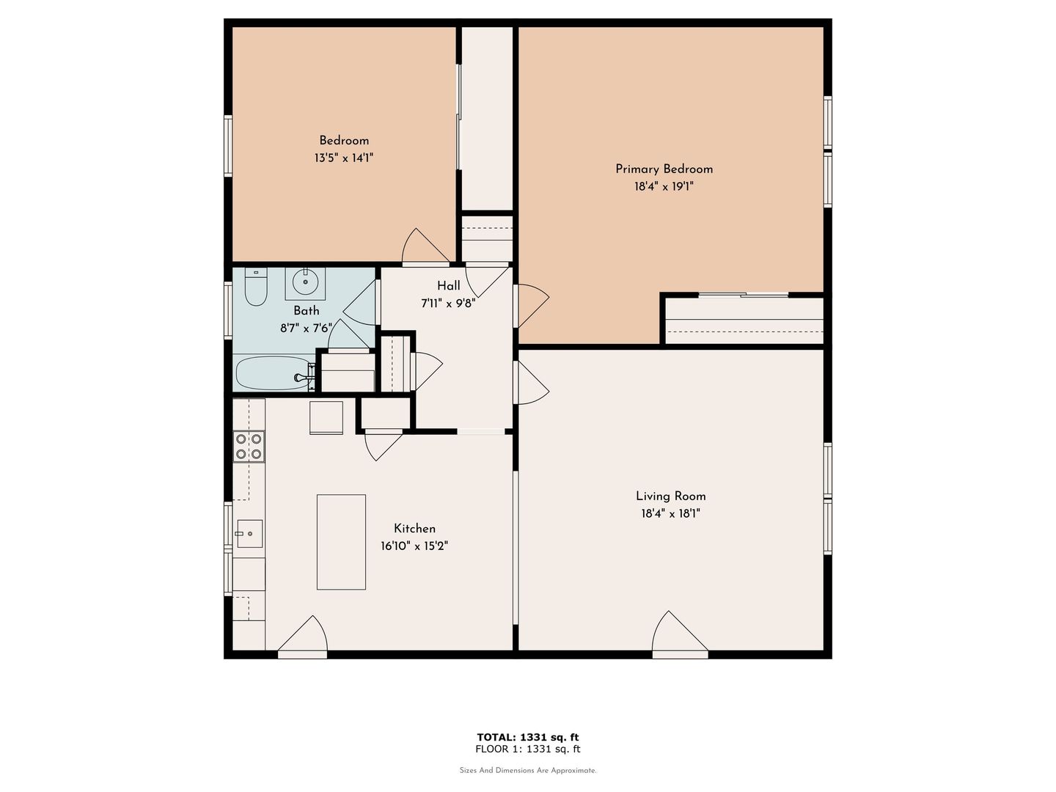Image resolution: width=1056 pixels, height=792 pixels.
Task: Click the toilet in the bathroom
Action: (x=256, y=287)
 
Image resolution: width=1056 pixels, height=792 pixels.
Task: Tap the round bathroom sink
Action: (x=305, y=283)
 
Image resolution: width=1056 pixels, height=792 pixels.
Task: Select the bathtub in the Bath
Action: (x=274, y=373)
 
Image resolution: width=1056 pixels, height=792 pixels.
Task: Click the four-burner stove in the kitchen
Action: (x=249, y=447)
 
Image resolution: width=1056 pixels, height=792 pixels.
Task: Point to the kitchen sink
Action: (x=249, y=534)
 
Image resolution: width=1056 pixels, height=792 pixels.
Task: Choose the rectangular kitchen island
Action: (x=341, y=542)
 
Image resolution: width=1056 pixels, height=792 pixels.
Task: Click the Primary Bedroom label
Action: (x=664, y=169)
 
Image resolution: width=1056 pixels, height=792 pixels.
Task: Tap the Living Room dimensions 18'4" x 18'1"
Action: (x=670, y=513)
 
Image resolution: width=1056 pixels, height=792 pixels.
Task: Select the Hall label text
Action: (x=448, y=286)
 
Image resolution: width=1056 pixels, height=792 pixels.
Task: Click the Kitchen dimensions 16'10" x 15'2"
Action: (x=414, y=546)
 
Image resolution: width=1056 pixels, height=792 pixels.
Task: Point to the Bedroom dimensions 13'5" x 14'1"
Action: (x=344, y=158)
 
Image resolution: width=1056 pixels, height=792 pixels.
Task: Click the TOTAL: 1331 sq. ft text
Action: (x=528, y=737)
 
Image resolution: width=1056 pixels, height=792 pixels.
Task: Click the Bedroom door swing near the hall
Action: (x=425, y=246)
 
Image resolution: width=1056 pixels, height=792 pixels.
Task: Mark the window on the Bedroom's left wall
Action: (x=228, y=146)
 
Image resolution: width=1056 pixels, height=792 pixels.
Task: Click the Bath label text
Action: (x=307, y=311)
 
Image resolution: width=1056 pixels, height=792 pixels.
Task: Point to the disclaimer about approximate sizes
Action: (x=528, y=770)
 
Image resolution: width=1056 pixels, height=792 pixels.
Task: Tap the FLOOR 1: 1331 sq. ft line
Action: (x=528, y=749)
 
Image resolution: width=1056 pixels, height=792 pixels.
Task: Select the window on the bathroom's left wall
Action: (x=228, y=310)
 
